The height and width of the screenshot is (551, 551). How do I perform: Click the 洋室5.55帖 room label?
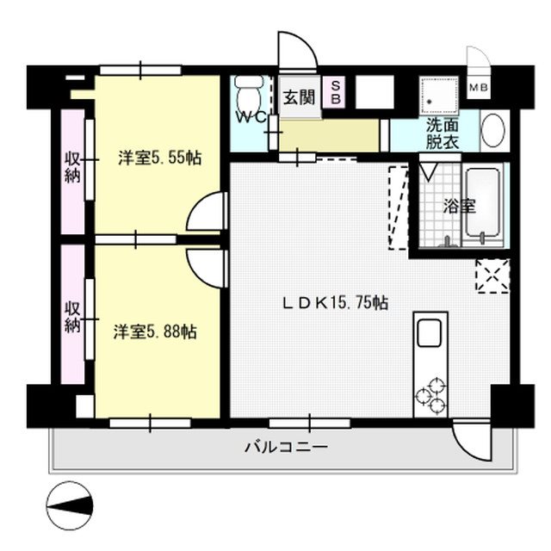(160, 158)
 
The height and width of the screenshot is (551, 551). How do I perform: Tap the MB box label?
(476, 88)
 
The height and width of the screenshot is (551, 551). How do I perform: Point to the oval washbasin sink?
(493, 133)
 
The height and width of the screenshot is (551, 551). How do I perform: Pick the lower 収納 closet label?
(71, 317)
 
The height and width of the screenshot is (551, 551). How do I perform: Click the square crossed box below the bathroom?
(492, 275)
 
